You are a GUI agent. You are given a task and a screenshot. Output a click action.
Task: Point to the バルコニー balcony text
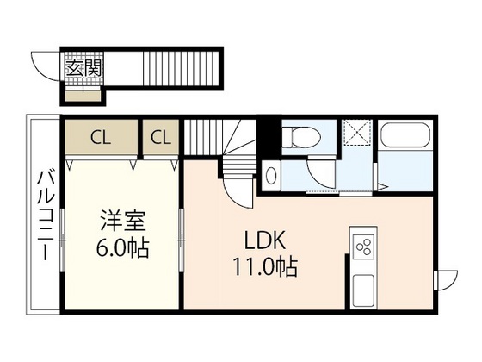click(43, 215)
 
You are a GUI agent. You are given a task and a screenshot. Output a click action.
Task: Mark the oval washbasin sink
click(272, 175)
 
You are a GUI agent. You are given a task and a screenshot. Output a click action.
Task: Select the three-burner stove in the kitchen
click(363, 248)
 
